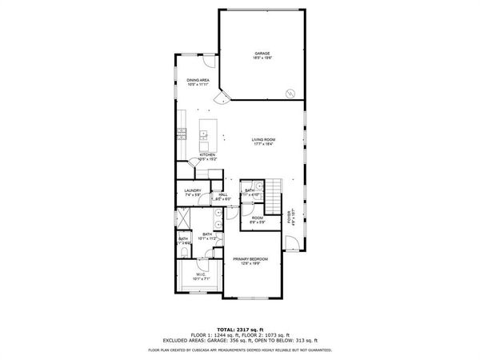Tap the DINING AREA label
click(x=198, y=80)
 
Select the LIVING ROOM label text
click(x=263, y=140)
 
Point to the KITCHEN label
click(x=207, y=154)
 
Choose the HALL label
click(x=223, y=194)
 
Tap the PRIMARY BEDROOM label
click(x=250, y=259)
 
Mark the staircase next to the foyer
click(x=274, y=193)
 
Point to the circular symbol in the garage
click(x=289, y=92)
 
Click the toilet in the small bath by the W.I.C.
click(x=183, y=254)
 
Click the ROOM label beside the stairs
click(x=258, y=218)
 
